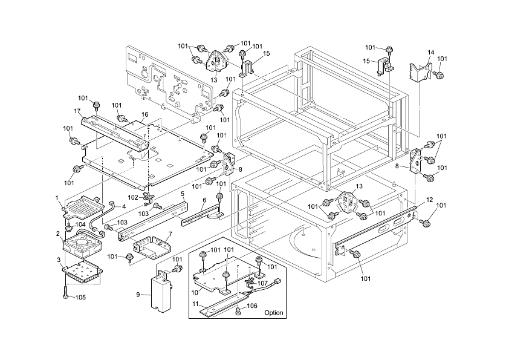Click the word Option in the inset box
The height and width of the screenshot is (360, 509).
click(274, 313)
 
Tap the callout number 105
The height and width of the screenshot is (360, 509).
click(81, 298)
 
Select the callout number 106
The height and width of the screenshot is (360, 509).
click(252, 306)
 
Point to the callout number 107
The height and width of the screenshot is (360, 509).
click(262, 283)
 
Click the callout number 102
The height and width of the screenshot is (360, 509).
click(133, 197)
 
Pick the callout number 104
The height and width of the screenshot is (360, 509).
click(80, 224)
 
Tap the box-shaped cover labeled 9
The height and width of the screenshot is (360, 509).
click(161, 292)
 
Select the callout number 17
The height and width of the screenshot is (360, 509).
click(77, 111)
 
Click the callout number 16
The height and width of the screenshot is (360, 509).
click(144, 114)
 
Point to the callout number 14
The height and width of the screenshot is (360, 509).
click(431, 52)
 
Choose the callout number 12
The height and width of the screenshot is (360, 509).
click(429, 200)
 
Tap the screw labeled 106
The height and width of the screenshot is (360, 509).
click(238, 310)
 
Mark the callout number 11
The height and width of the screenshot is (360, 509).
click(195, 304)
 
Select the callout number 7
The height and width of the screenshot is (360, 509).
click(170, 234)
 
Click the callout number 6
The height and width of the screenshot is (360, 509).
click(204, 200)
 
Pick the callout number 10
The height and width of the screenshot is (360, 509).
click(195, 292)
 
